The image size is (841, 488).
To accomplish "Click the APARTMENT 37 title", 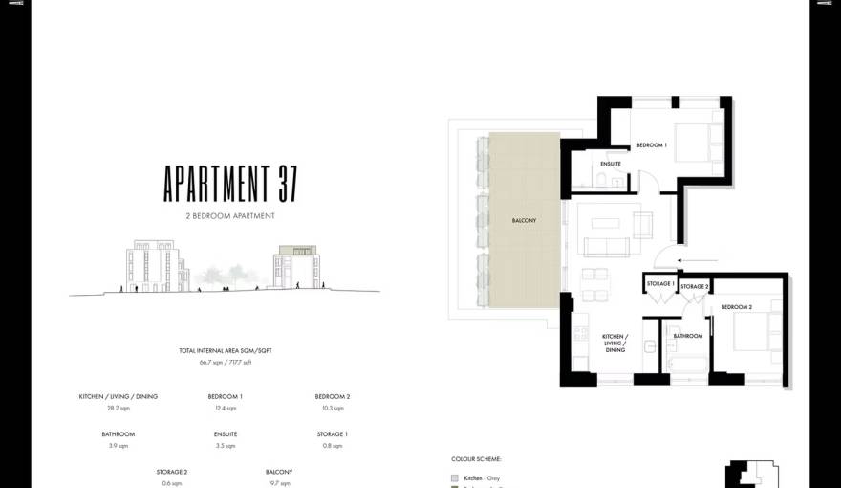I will [230, 182].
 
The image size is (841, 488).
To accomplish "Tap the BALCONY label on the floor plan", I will [524, 221].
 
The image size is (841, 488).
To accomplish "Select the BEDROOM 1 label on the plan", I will [652, 145].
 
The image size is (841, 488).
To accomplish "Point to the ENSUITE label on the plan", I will [611, 164].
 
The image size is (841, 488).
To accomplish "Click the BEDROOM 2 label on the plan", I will [737, 307].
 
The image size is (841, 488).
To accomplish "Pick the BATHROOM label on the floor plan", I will [688, 336].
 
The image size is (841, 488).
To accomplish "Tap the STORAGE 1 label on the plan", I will [660, 284].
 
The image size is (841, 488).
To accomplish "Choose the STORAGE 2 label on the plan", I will [695, 286].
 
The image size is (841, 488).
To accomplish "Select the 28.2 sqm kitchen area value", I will [119, 409].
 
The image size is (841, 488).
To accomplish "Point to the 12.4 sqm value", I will [226, 409].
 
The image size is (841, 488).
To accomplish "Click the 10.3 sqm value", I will [333, 409].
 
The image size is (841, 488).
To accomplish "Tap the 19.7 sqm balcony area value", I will [279, 483].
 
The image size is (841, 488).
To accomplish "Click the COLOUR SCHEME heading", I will [476, 459].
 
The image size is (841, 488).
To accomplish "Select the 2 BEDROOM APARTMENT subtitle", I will [230, 216].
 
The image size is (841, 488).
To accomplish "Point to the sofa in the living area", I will [606, 248].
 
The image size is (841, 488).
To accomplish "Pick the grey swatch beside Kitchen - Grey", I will [455, 477].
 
